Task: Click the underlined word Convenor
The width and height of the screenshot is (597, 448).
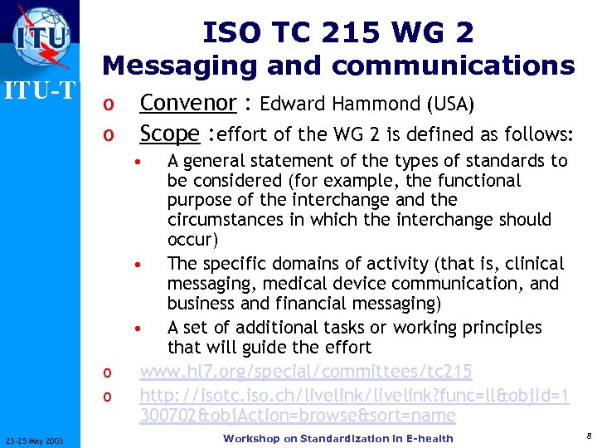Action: tap(188, 103)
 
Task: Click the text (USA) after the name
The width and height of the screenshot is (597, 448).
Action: tap(450, 104)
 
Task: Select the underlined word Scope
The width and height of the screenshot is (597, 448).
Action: tap(169, 134)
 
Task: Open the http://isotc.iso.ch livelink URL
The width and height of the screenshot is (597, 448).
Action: tap(354, 394)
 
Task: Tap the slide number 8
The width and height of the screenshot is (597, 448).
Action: tap(587, 436)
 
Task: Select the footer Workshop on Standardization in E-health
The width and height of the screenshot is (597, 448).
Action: tap(338, 438)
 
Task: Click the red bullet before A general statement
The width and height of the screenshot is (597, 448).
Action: tap(143, 161)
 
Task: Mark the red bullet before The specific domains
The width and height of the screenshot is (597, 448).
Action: tap(143, 265)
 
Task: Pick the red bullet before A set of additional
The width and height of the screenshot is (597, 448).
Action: tap(143, 328)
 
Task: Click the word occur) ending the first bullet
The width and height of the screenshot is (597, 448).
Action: tap(192, 240)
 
